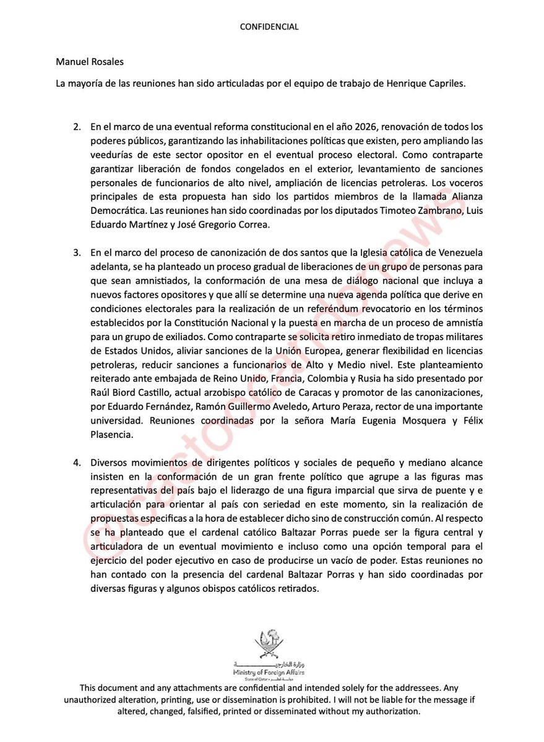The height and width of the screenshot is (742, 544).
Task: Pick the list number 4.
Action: pyautogui.click(x=77, y=463)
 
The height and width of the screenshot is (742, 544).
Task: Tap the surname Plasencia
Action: pyautogui.click(x=111, y=434)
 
